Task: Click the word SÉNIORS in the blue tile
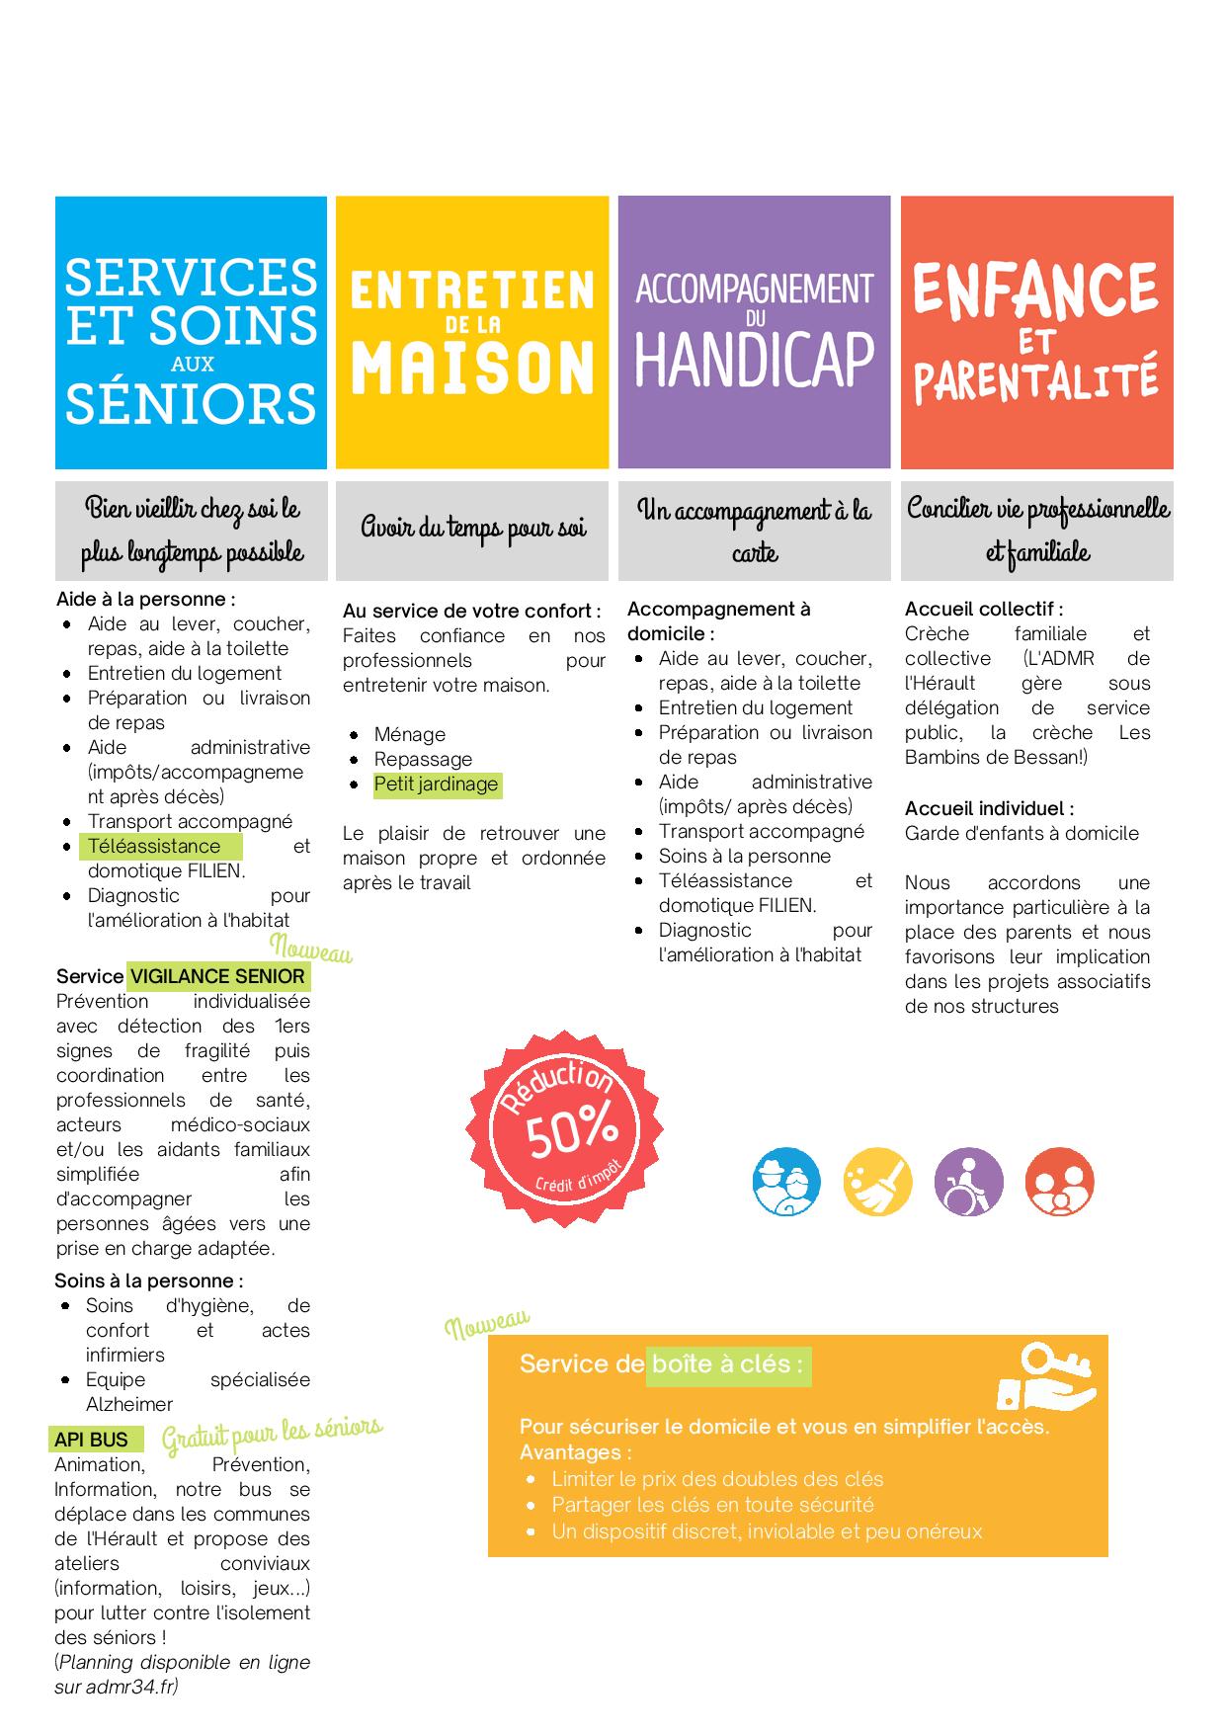coord(191,403)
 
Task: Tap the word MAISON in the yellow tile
coord(472,367)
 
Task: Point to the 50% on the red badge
coord(572,1128)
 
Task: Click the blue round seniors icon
coord(786,1182)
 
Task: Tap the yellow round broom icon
coord(877,1182)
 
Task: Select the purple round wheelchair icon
coord(968,1182)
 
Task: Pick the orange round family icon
coord(1059,1182)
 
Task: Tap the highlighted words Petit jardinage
coord(436,784)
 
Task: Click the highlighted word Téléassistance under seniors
coord(154,847)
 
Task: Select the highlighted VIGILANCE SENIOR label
coord(217,977)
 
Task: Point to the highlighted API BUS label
coord(92,1441)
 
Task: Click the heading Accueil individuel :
coord(989,808)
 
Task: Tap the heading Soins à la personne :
coord(149,1281)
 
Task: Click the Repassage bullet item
coord(423,760)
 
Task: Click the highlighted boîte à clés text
coord(727,1364)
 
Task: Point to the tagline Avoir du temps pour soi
coord(472,529)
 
